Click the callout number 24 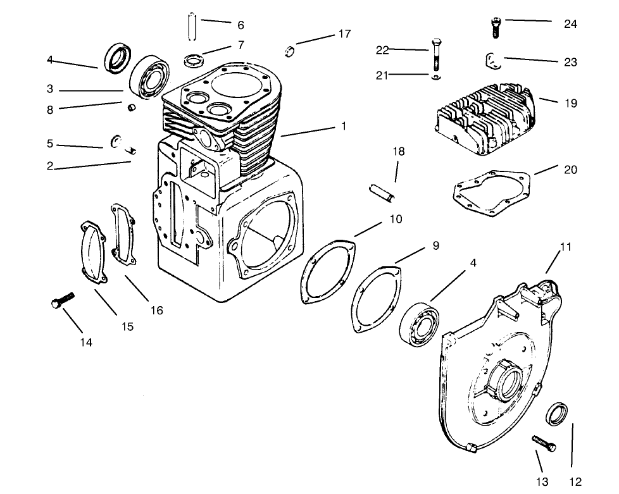click(x=570, y=24)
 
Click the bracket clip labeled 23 click(x=492, y=61)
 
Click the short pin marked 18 click(x=384, y=192)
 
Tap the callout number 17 click(x=344, y=34)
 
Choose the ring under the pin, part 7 click(x=192, y=60)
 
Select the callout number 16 click(x=156, y=310)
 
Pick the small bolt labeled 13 click(x=543, y=442)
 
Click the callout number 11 click(x=566, y=247)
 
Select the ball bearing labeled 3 click(x=149, y=76)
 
